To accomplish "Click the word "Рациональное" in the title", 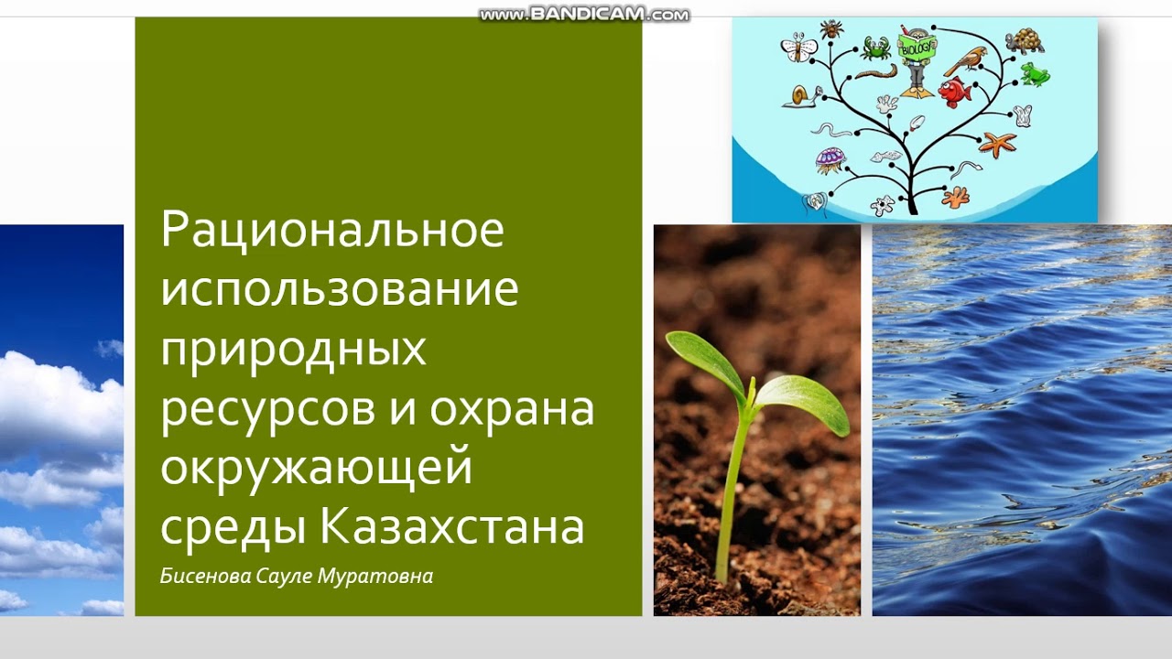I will pos(332,230).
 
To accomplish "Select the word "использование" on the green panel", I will pos(340,289).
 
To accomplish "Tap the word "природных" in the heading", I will pos(294,350).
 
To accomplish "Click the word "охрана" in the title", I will pos(512,409).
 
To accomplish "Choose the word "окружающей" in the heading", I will pos(317,469).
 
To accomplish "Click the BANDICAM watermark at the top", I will pos(584,15).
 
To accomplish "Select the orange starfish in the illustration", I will pos(997,144).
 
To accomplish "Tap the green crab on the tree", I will pos(876,47).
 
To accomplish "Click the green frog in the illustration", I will pos(1035,74).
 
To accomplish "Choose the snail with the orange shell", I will pos(800,96).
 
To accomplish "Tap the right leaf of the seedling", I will pos(804,403).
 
